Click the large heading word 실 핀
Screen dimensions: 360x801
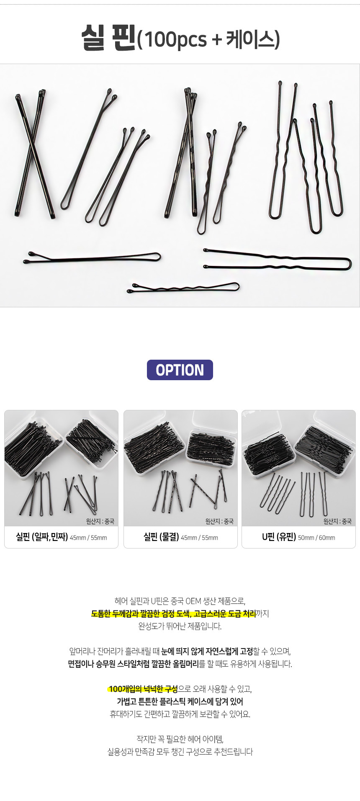(108, 38)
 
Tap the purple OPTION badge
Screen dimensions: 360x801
(180, 370)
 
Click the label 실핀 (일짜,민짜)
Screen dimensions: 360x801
(42, 537)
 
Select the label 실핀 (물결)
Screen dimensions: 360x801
(161, 537)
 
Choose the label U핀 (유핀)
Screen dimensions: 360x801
(279, 537)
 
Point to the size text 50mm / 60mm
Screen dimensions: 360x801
(316, 538)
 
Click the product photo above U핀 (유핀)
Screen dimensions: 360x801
(298, 468)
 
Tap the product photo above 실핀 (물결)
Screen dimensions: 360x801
(180, 468)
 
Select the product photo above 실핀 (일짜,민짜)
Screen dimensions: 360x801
(62, 468)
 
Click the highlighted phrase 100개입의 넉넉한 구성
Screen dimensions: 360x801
(143, 689)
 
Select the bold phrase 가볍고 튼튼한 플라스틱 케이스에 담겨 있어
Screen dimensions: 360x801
(180, 701)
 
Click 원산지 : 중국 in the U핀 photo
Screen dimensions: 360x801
(337, 521)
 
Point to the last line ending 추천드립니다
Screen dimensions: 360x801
(180, 752)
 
